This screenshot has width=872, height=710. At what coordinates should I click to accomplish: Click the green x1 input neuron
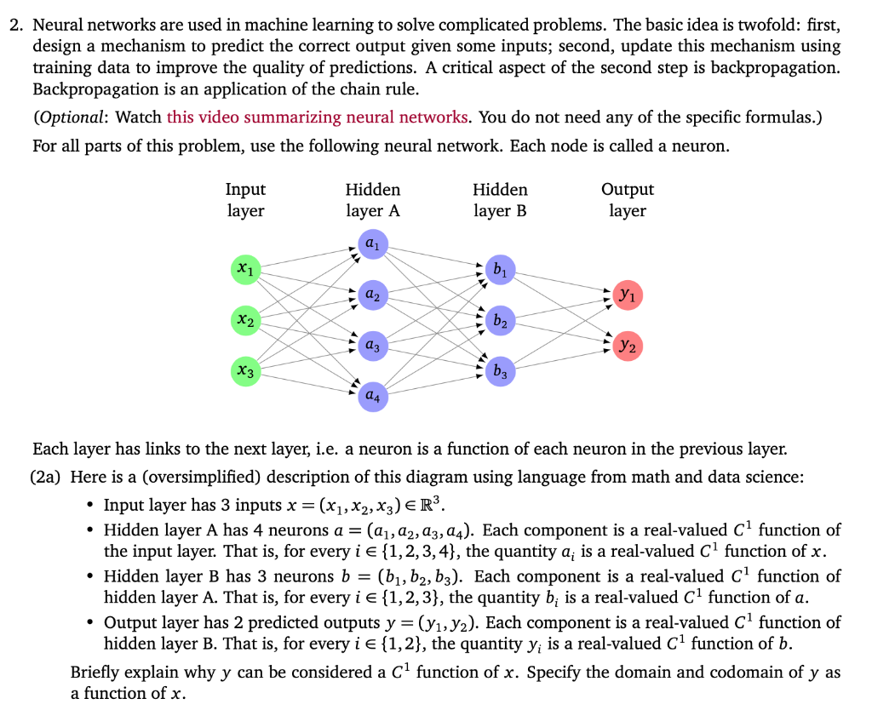(x=245, y=269)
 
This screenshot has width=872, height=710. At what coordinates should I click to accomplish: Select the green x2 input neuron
(x=245, y=320)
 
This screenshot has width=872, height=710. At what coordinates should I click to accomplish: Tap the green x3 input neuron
(x=245, y=371)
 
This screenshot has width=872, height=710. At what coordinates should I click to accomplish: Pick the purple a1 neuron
(x=372, y=243)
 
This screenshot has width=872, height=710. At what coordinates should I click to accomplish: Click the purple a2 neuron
(x=372, y=295)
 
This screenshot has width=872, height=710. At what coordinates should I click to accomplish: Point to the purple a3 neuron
(x=372, y=346)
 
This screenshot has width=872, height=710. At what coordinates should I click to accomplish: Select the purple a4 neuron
(x=372, y=397)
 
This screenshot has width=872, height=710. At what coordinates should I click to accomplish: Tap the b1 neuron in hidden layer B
(x=500, y=270)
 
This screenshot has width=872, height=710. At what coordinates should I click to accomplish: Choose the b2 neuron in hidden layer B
(x=500, y=321)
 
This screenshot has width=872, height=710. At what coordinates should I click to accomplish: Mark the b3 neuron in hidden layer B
(x=500, y=371)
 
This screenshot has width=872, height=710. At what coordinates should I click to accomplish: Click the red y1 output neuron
(x=628, y=295)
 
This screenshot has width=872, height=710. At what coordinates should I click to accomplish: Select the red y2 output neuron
(x=628, y=346)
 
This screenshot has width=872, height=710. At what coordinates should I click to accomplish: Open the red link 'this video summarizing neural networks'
(x=318, y=117)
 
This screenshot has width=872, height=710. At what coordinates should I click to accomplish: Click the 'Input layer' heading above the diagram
(x=245, y=200)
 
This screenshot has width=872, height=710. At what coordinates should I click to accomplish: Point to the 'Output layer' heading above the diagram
(x=628, y=200)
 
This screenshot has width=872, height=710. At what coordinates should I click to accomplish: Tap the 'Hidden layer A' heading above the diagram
(x=372, y=200)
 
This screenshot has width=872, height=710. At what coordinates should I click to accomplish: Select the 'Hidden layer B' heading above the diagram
(x=500, y=200)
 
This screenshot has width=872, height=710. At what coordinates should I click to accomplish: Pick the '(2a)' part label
(x=48, y=478)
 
